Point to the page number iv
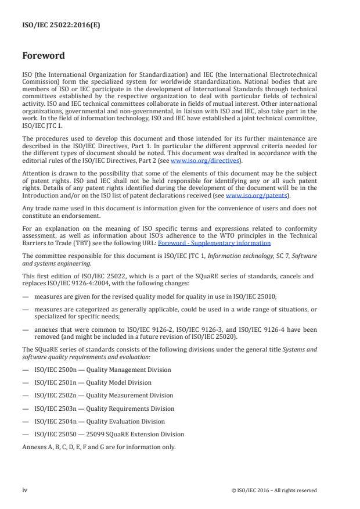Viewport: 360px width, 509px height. (25, 490)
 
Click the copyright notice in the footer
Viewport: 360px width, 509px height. (273, 490)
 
